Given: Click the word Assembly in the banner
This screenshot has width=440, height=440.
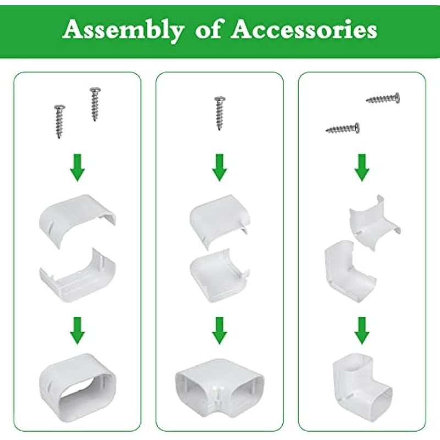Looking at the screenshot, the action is coord(123,30).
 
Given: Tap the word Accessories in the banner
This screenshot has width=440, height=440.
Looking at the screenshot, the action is coord(304,29).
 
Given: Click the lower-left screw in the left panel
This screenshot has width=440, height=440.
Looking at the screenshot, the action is coord(59,122).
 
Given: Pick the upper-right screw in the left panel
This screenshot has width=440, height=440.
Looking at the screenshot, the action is coord(95,104).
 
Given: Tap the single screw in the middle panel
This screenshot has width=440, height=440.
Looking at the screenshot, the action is coord(219,113).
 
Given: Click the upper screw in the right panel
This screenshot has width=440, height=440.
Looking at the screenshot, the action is coord(383,98).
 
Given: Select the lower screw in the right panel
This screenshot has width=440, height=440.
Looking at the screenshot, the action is coord(343,129).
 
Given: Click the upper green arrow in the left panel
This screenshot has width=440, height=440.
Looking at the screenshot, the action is coord(78,168).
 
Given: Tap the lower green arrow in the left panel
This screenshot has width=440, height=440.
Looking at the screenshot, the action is coord(78,331).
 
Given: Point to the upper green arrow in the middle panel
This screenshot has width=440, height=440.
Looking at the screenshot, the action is coord(219,168).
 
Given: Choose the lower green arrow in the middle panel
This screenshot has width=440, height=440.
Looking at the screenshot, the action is coord(219,331).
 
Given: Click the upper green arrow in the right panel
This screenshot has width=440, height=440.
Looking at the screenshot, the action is coord(362,168).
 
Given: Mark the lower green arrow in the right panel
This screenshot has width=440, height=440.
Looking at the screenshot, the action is coord(362,331).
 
